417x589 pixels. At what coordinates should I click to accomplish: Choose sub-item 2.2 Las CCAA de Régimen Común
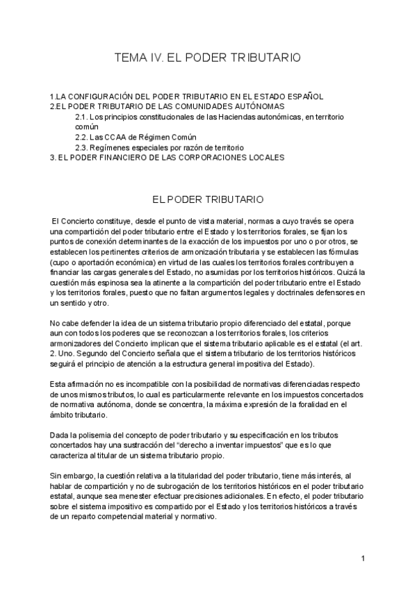tap(136, 138)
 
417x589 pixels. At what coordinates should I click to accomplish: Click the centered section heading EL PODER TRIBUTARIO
tap(208, 199)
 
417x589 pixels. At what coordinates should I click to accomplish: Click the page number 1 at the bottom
tap(363, 558)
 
